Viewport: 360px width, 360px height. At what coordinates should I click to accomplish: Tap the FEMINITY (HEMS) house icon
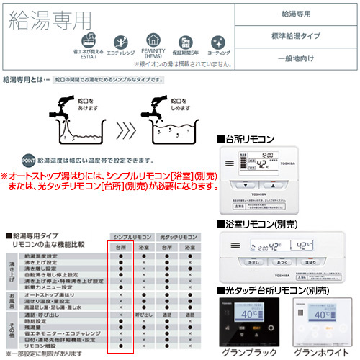(x=152, y=41)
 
